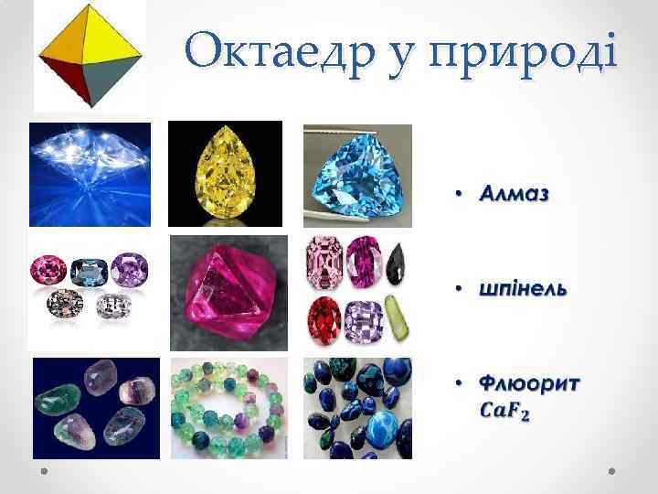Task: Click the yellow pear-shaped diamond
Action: tap(225, 173)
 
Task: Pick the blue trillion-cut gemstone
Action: tap(356, 175)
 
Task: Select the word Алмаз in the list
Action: tap(518, 194)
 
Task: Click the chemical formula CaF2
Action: tap(505, 411)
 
